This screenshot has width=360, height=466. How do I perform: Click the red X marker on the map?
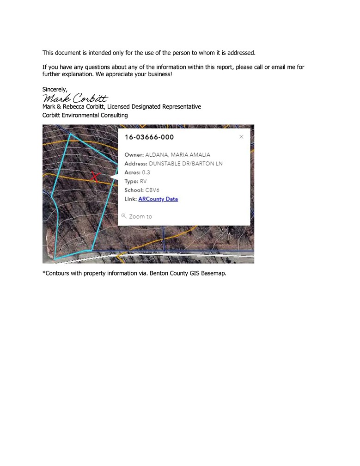pos(95,176)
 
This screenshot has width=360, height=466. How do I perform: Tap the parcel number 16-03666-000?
pos(149,137)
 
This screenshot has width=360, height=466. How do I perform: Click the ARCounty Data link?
pos(158,199)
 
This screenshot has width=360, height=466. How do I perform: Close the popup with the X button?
pos(241,137)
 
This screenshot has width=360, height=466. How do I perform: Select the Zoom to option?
pos(140,216)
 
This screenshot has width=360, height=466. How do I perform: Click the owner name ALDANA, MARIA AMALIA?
pos(177,155)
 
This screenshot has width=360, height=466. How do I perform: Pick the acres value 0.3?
pos(146,172)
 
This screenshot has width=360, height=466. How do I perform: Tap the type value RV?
pos(143,181)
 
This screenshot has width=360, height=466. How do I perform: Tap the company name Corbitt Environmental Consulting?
pos(85,115)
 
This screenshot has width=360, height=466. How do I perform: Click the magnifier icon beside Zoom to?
pos(124,216)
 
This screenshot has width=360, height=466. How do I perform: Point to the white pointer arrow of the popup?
pos(114,178)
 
